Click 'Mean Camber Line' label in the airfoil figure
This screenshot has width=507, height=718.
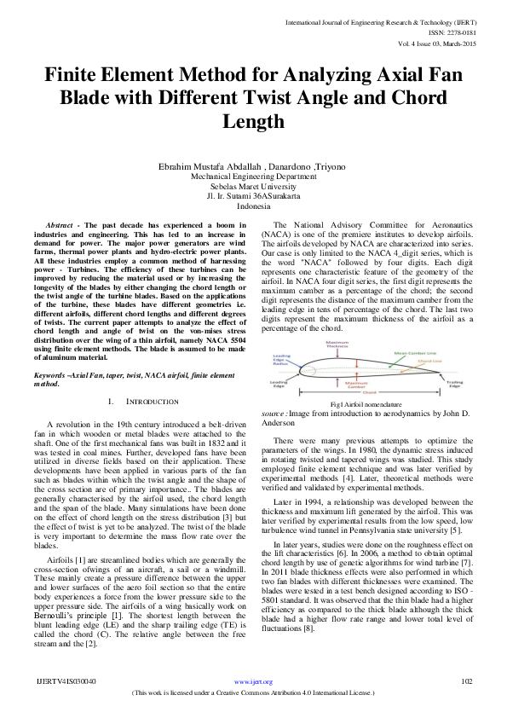415,352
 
